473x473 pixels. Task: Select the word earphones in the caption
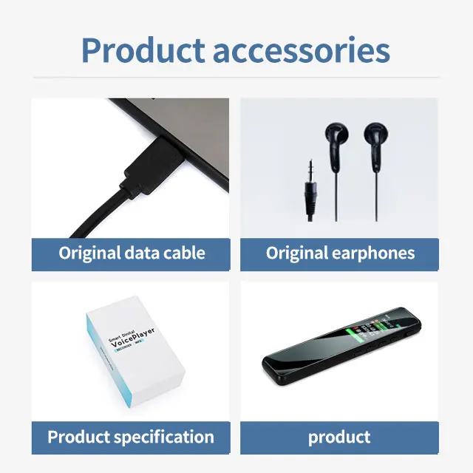(x=371, y=253)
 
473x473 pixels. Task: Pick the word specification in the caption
(x=162, y=436)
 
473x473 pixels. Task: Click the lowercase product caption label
(x=339, y=436)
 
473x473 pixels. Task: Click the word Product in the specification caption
(x=78, y=436)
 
